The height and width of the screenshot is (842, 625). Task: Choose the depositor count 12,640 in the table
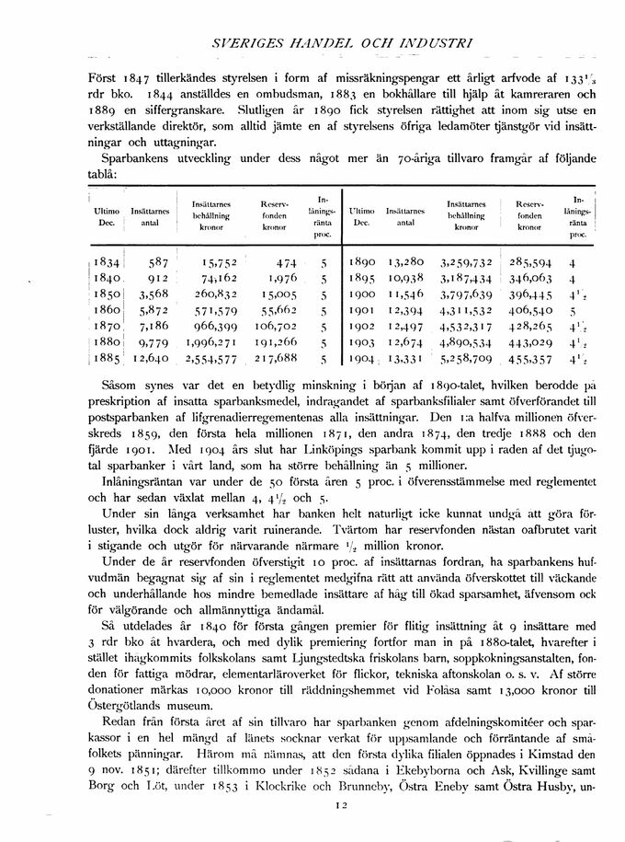point(144,360)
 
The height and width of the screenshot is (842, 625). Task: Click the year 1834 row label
point(108,260)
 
